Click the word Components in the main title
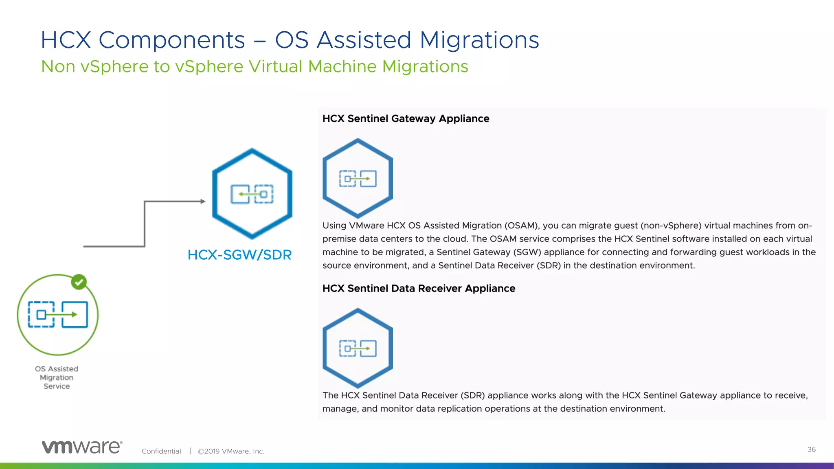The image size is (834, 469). tap(171, 40)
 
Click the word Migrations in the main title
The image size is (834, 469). tap(479, 40)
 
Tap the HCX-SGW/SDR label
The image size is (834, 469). tap(239, 255)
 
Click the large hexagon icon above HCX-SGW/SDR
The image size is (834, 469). tap(252, 194)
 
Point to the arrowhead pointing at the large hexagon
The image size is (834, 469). tap(203, 201)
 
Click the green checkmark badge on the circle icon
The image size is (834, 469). tap(79, 282)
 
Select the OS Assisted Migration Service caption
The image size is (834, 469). tap(57, 377)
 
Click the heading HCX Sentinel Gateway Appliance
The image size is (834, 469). tap(406, 118)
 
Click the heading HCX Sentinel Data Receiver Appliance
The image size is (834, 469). tap(419, 288)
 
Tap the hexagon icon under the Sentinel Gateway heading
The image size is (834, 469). tap(358, 178)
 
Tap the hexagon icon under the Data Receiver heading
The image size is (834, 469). tap(358, 348)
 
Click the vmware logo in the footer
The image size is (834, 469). tap(82, 447)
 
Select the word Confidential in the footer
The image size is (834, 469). tap(161, 451)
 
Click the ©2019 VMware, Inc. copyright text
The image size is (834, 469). tap(231, 451)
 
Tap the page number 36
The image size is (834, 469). tap(811, 449)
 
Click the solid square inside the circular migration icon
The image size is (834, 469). tap(75, 314)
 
